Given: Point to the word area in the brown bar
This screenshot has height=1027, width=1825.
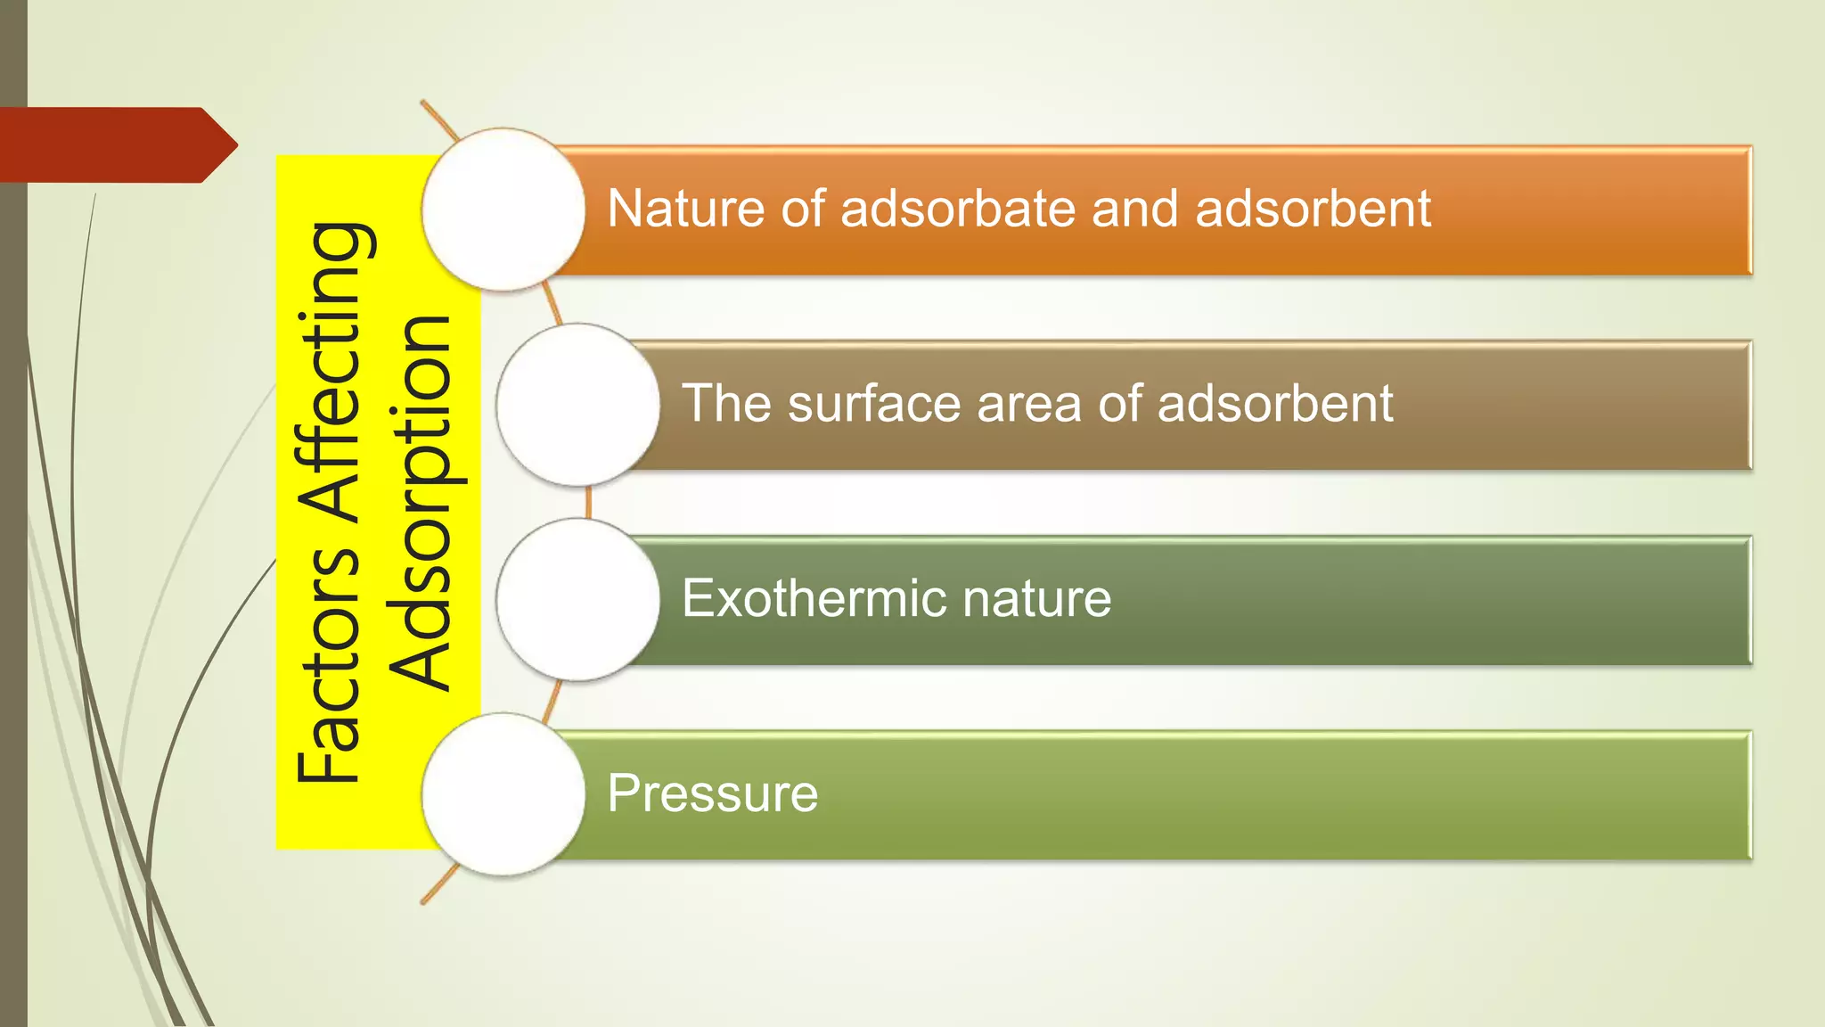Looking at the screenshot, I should coord(1029,404).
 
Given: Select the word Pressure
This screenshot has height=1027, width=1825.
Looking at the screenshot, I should coord(712,793).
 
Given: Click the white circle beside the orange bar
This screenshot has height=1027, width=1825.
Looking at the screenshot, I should coord(503,210).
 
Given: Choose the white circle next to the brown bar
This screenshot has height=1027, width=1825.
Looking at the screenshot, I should coord(577,405).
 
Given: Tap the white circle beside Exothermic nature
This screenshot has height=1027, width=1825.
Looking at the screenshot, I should coord(577,599).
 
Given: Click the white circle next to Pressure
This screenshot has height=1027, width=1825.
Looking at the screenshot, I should coord(503,793).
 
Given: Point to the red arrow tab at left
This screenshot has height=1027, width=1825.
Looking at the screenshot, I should coord(116,144).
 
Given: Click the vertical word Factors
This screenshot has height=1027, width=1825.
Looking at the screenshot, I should coord(329,664).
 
